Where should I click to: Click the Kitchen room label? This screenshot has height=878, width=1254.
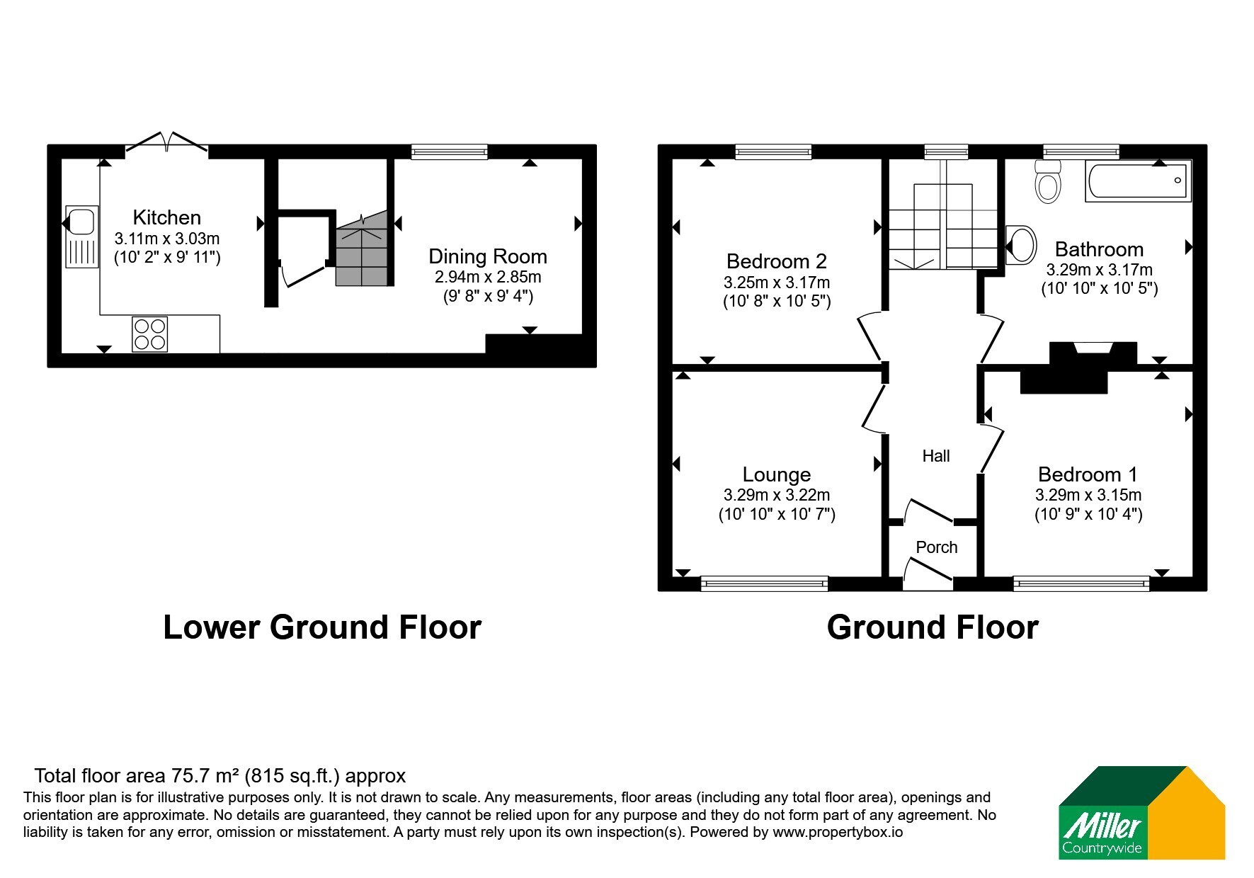pyautogui.click(x=167, y=217)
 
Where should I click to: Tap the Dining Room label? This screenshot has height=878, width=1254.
pyautogui.click(x=488, y=256)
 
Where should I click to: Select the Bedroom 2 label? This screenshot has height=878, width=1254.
pyautogui.click(x=777, y=261)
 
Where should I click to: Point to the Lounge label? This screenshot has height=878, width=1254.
pyautogui.click(x=777, y=474)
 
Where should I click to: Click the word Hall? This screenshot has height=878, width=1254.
pyautogui.click(x=936, y=456)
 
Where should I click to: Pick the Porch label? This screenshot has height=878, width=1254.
pyautogui.click(x=937, y=547)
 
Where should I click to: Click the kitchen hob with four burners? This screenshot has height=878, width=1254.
pyautogui.click(x=150, y=334)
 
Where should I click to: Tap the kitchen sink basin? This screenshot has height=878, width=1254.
pyautogui.click(x=81, y=221)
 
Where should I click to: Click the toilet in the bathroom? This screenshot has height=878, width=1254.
pyautogui.click(x=1047, y=181)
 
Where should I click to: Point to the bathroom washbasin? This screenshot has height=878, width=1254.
pyautogui.click(x=1020, y=244)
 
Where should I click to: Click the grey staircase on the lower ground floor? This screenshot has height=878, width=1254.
pyautogui.click(x=362, y=248)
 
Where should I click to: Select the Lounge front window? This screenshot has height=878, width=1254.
pyautogui.click(x=764, y=583)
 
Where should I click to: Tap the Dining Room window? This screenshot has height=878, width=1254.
pyautogui.click(x=450, y=152)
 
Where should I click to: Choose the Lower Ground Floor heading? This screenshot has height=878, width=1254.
pyautogui.click(x=322, y=627)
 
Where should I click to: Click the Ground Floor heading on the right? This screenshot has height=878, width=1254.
pyautogui.click(x=933, y=627)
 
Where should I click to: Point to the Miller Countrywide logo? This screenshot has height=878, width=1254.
pyautogui.click(x=1141, y=813)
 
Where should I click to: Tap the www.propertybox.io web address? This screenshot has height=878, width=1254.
pyautogui.click(x=838, y=833)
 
